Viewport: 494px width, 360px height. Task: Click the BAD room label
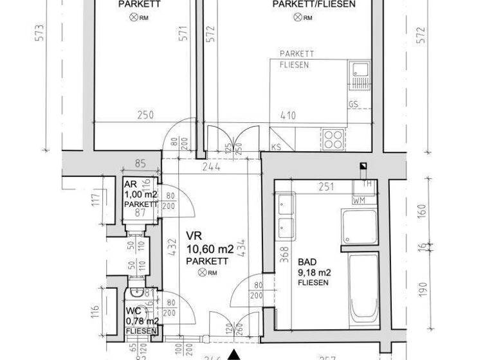pyautogui.click(x=307, y=262)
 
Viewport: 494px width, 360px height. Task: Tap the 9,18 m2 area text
pyautogui.click(x=313, y=272)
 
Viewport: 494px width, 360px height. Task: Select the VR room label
pyautogui.click(x=194, y=236)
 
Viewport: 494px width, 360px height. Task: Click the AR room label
pyautogui.click(x=130, y=184)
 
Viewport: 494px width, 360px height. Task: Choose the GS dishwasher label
pyautogui.click(x=353, y=104)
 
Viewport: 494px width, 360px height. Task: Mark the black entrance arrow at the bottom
pyautogui.click(x=236, y=354)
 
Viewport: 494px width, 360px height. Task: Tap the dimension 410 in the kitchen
pyautogui.click(x=287, y=116)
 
